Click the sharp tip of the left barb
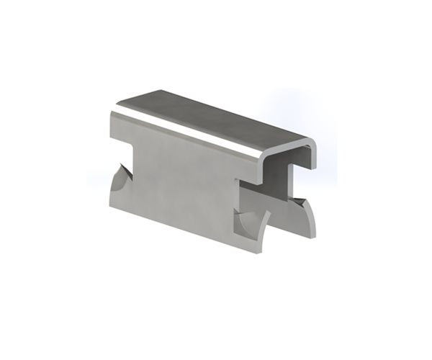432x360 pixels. (127, 167)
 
